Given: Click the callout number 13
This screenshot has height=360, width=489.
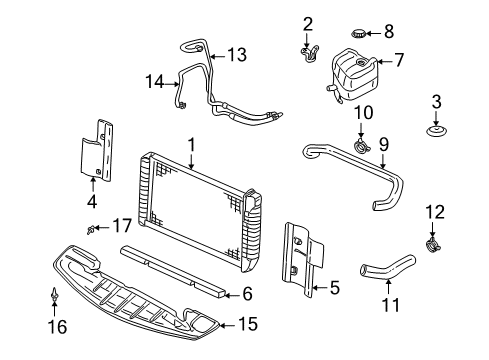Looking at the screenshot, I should point(236,55).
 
